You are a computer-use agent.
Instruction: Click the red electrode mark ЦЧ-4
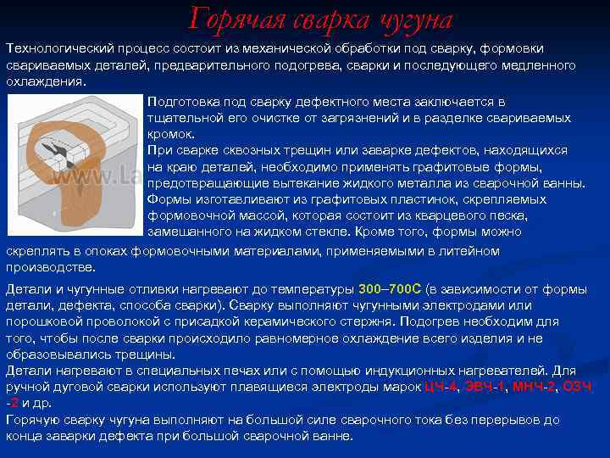(x=441, y=387)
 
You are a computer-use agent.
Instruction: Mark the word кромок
(x=171, y=134)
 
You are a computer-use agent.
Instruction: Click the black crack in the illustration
(x=64, y=153)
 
